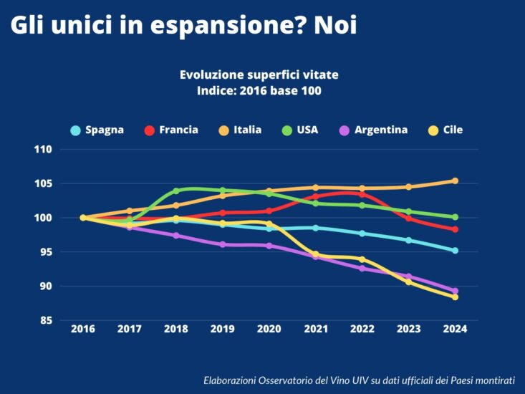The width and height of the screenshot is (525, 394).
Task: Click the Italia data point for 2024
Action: point(455,181)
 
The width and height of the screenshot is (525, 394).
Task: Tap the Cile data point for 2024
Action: point(455,297)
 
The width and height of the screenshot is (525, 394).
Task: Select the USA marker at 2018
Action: point(176,191)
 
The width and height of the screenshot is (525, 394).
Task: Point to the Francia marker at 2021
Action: point(316,196)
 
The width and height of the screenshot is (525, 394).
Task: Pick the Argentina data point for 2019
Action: point(223,244)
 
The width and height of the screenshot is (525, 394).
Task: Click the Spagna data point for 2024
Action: point(455,251)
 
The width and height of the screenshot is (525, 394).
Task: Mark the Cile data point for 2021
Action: point(316,254)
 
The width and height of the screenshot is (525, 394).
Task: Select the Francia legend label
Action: point(178,130)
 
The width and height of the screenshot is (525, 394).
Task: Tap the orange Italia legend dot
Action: point(223,130)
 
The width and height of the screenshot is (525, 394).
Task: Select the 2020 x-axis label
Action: point(269,329)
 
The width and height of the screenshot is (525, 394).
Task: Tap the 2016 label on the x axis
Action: point(83,329)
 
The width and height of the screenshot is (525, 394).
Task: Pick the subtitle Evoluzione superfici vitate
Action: point(259,75)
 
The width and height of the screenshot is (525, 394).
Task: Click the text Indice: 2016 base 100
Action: point(259,91)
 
